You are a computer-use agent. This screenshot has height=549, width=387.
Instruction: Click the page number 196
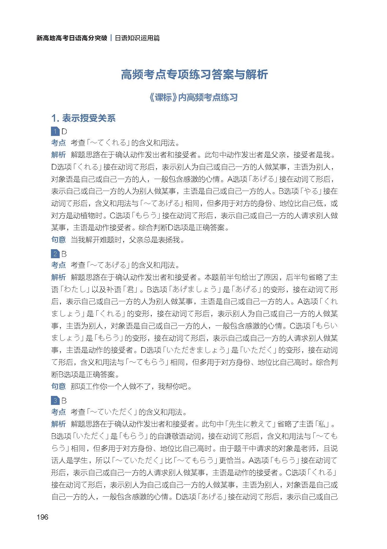click(43, 517)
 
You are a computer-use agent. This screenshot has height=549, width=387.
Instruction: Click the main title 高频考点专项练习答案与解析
click(194, 75)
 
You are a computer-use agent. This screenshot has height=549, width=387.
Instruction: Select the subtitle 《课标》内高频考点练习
click(193, 97)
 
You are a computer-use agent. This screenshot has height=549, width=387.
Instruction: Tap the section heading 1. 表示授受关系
click(83, 118)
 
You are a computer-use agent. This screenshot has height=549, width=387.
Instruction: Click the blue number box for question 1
click(55, 131)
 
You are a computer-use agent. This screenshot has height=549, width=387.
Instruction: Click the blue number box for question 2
click(55, 254)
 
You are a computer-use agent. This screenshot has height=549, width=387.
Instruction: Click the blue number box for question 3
click(55, 401)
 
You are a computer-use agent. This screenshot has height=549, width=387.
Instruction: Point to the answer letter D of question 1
click(64, 131)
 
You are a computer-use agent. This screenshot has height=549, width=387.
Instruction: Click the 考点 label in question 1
click(59, 143)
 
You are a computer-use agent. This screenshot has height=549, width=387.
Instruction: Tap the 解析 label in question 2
click(59, 277)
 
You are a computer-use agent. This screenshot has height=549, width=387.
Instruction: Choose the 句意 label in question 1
click(59, 240)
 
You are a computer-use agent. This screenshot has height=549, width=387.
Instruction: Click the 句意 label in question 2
click(59, 386)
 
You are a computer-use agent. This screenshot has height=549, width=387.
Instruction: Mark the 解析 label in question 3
click(59, 424)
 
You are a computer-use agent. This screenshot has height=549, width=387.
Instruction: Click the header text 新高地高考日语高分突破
click(72, 38)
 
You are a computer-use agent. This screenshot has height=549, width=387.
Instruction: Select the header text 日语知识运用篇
click(137, 38)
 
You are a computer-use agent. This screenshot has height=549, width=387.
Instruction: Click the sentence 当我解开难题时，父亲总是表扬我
click(127, 240)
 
